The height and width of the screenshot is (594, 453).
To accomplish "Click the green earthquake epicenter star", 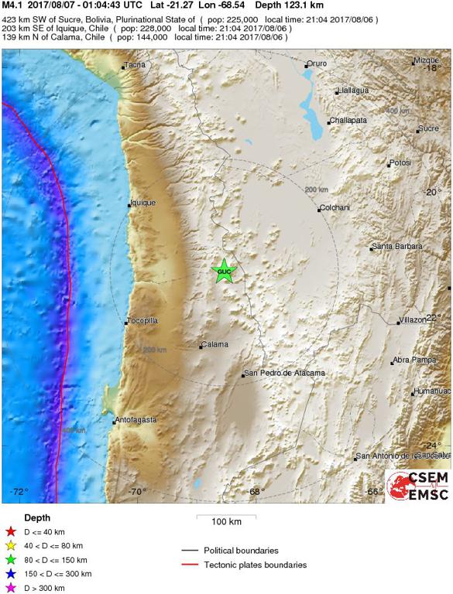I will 224,271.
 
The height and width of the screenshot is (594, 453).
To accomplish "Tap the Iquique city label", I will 142,203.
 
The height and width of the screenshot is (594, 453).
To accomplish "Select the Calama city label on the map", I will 214,344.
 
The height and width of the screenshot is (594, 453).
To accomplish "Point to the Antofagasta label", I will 136,420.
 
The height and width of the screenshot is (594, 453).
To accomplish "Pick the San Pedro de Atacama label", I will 284,374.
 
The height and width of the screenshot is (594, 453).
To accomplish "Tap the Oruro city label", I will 317,64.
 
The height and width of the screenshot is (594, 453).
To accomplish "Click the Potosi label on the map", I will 400,163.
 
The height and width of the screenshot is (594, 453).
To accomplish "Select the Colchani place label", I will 335,208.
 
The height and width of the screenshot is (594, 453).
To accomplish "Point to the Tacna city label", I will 136,65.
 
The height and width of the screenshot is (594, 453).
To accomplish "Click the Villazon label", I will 413,319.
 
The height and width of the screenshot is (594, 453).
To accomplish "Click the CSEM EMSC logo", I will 418,486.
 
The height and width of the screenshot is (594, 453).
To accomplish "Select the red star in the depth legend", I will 10,531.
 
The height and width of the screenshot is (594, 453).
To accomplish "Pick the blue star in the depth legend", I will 10,574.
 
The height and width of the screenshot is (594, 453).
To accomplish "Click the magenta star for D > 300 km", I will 10,588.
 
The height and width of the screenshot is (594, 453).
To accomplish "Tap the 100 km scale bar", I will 225,515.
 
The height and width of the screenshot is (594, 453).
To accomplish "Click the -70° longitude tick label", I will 137,492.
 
